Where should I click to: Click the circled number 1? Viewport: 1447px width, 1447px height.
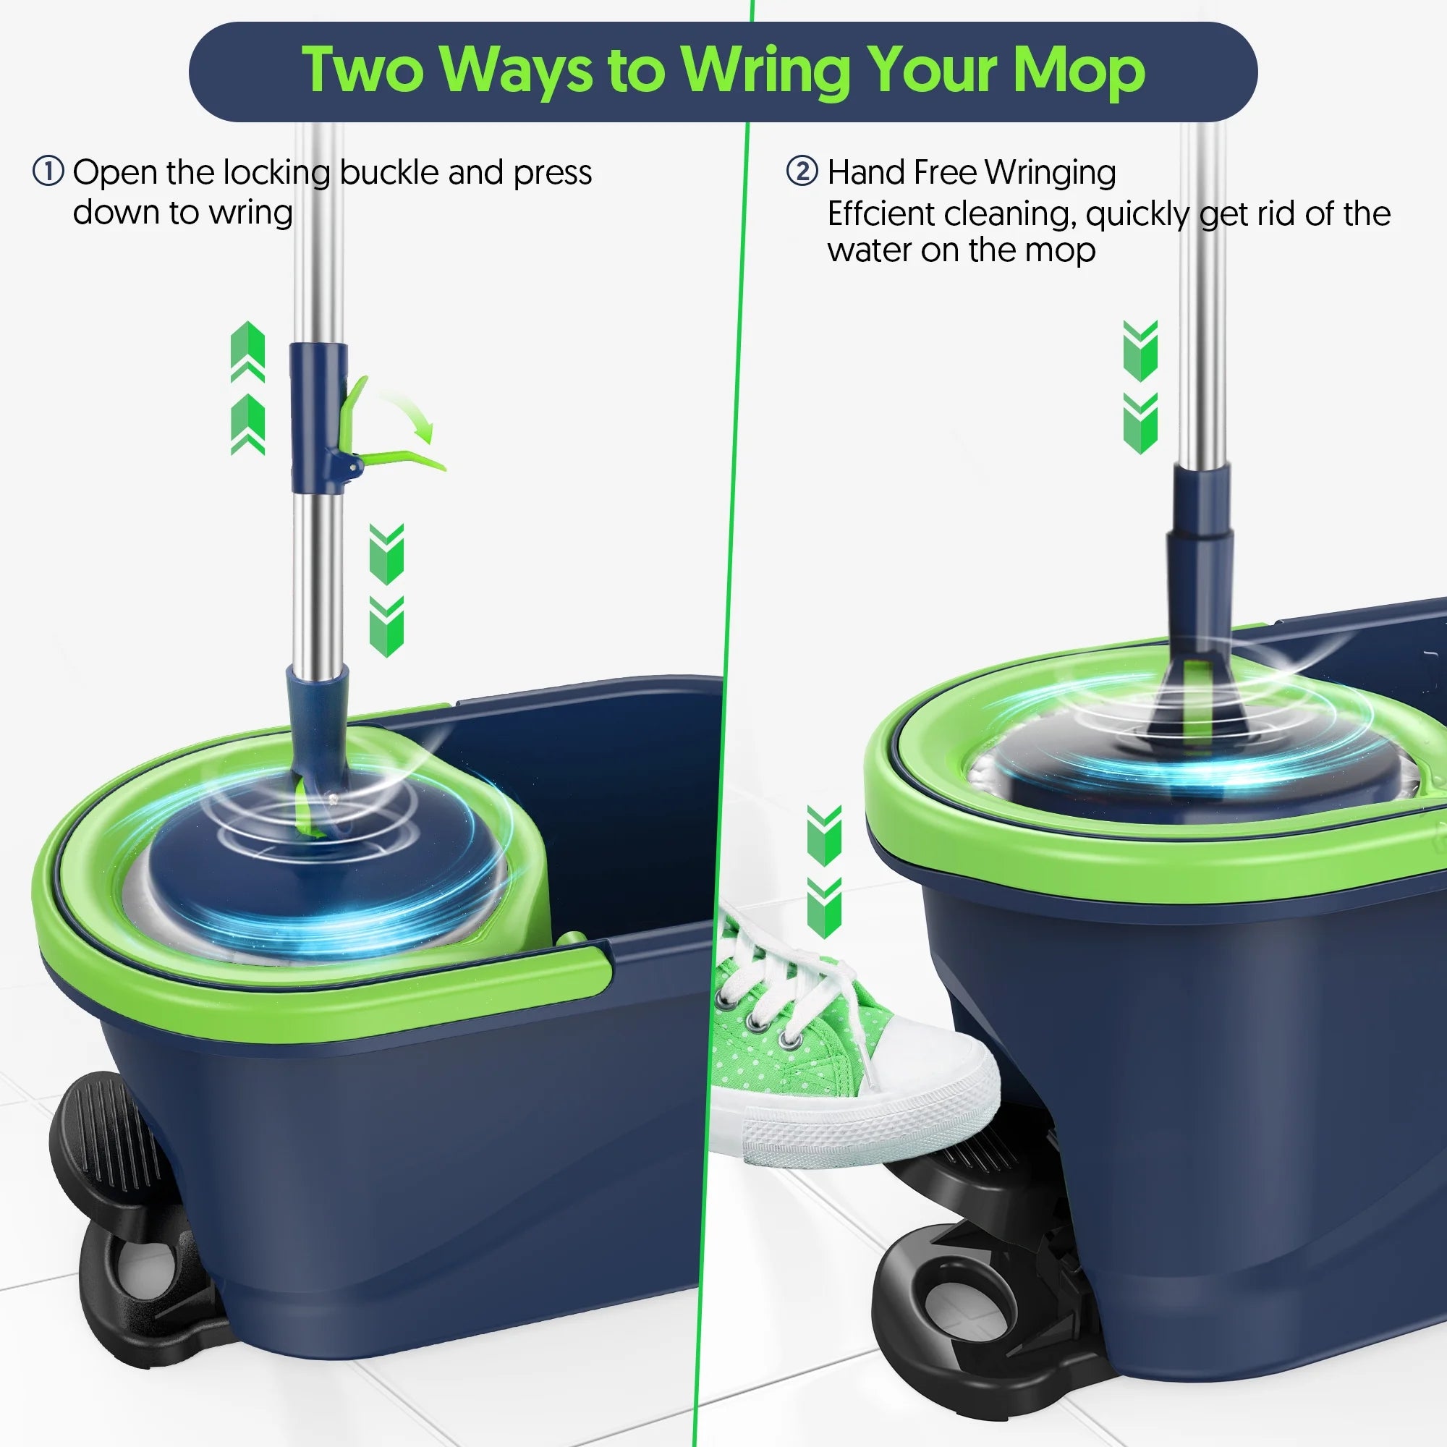point(48,171)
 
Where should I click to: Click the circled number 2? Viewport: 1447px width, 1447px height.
point(802,171)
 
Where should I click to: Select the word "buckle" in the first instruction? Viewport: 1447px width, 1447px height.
point(389,173)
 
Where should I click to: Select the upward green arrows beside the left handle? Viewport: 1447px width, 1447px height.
point(248,388)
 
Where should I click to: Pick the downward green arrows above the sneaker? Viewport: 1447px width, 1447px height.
point(824,871)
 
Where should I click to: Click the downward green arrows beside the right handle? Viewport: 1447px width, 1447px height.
point(1140,386)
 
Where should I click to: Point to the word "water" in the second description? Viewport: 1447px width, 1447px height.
point(869,251)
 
